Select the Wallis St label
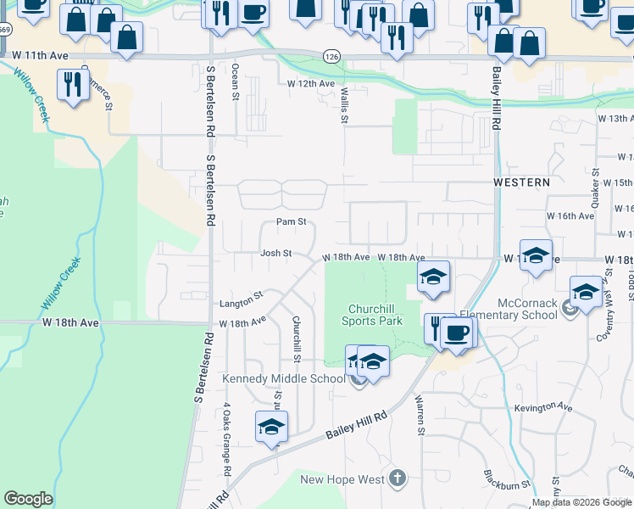[x=344, y=103]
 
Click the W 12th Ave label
[x=312, y=84]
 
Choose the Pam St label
[x=291, y=222]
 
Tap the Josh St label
[x=275, y=253]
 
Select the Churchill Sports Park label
[x=372, y=315]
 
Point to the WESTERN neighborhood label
[x=522, y=182]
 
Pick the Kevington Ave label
[x=543, y=409]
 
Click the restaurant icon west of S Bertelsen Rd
[x=71, y=83]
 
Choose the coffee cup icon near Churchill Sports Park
[x=458, y=331]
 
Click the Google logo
[x=28, y=499]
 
